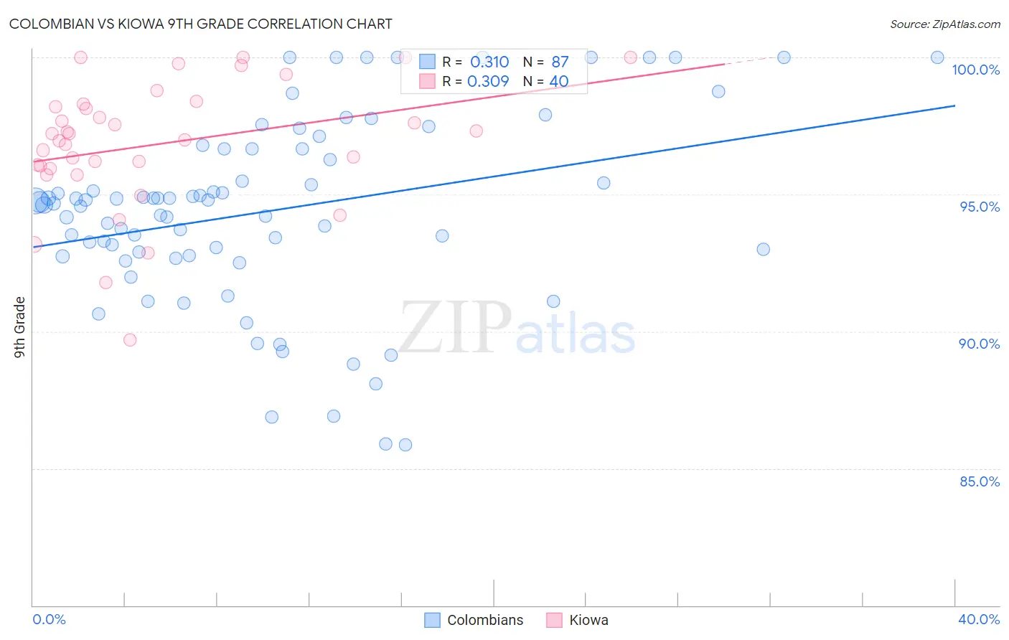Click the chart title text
tap(200, 24)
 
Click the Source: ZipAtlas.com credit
tap(944, 24)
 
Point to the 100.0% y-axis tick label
tap(975, 70)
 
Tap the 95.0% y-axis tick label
tap(979, 207)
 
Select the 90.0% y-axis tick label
tap(979, 344)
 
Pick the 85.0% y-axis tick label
tap(979, 481)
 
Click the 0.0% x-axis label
tap(49, 619)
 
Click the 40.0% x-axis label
tap(978, 619)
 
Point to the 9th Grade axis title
tap(19, 327)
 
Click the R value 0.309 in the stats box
tap(488, 82)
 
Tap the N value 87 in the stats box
tap(560, 62)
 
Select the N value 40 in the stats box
tap(559, 82)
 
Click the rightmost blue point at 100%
tap(937, 57)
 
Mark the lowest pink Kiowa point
tap(130, 339)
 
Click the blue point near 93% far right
tap(763, 249)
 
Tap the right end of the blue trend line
tap(954, 105)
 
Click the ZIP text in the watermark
tap(455, 329)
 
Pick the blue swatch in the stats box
tap(428, 62)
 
